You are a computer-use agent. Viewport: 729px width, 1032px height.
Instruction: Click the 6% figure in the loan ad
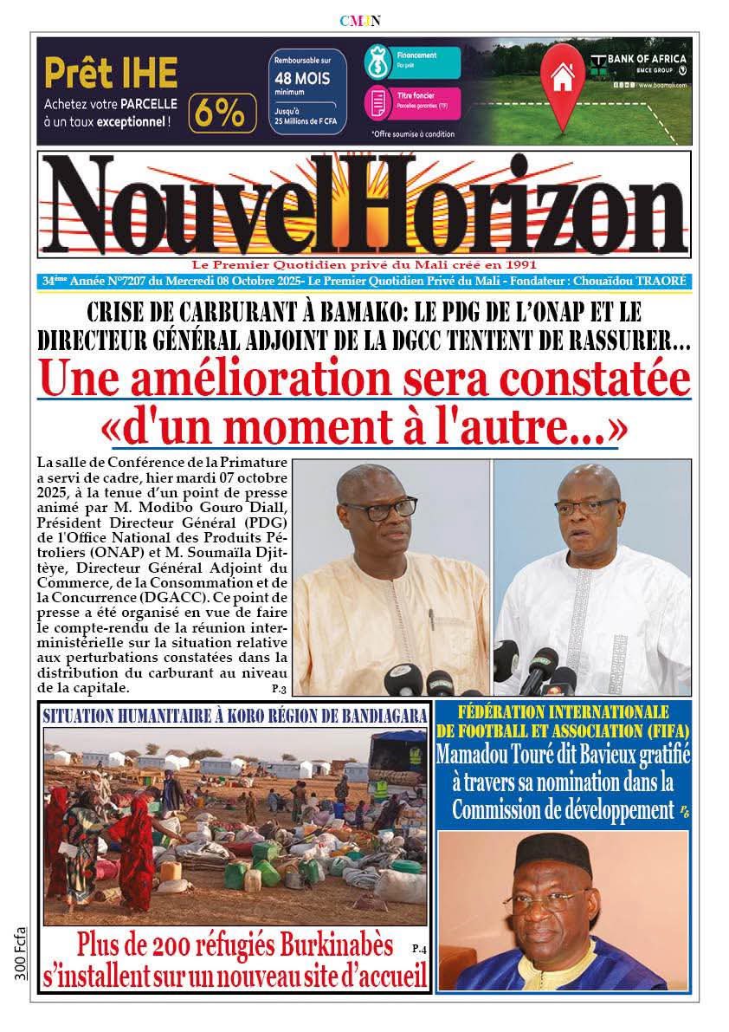[223, 113]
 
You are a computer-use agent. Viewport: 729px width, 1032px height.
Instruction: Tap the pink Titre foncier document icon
[379, 102]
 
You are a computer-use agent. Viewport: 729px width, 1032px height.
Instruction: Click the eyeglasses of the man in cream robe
[378, 509]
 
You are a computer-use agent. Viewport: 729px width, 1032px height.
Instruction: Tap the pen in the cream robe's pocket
[430, 617]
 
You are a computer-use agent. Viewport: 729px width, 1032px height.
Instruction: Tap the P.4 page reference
[420, 946]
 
